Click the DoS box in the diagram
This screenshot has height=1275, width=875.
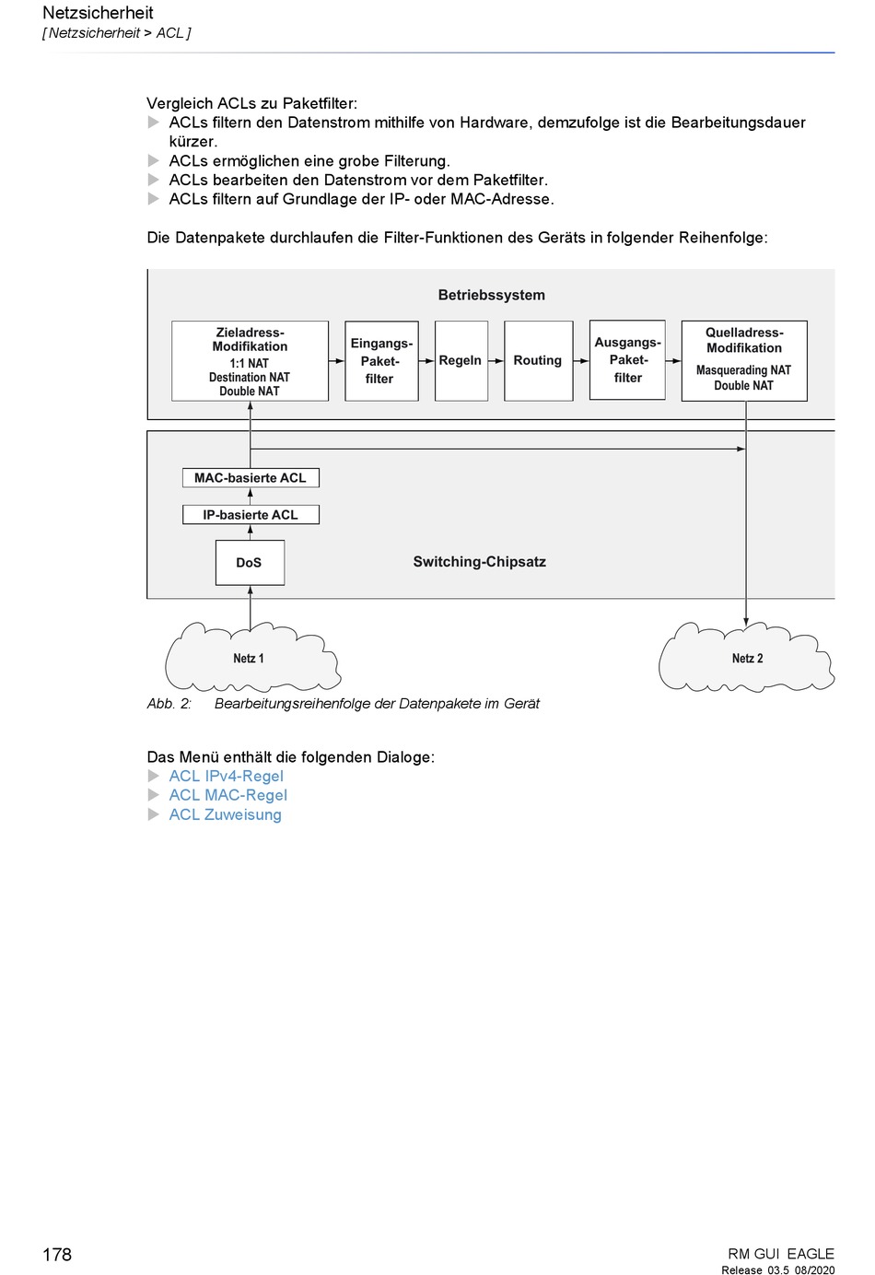tap(250, 562)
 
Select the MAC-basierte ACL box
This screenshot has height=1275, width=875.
tap(251, 477)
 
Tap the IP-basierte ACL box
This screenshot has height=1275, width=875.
tap(251, 515)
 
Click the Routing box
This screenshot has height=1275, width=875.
tap(538, 361)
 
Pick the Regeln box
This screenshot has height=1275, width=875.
tap(461, 361)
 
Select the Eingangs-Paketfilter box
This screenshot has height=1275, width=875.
tap(381, 361)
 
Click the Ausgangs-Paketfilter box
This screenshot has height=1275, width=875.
tap(627, 360)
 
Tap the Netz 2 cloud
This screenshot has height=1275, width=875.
tap(746, 658)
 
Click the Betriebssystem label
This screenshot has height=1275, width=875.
tap(492, 295)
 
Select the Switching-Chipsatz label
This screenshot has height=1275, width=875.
tap(480, 562)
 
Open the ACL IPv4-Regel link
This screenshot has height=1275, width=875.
tap(226, 776)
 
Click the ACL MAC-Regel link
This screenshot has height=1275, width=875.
tap(227, 795)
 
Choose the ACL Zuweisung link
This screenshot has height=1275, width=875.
tap(225, 814)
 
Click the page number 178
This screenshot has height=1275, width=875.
tap(57, 1255)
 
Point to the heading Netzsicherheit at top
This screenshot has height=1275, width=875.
tap(98, 13)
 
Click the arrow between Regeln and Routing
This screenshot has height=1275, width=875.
tap(496, 361)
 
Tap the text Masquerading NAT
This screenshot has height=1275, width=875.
tap(743, 370)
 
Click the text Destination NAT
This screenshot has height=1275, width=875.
tap(250, 378)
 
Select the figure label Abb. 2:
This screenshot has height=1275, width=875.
tap(169, 704)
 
